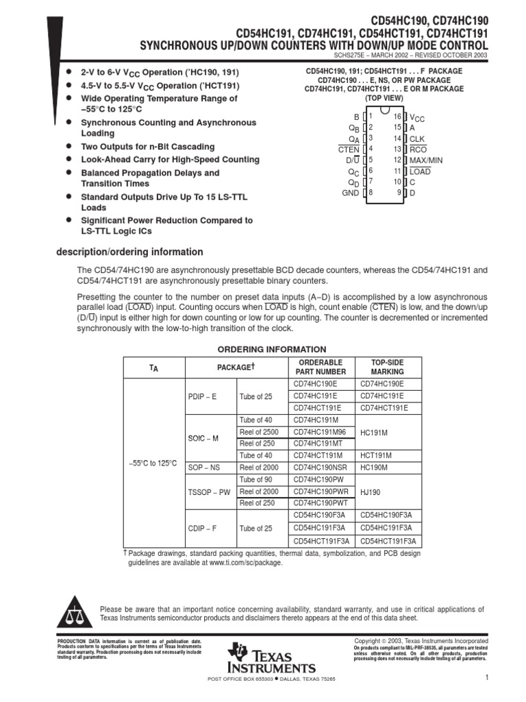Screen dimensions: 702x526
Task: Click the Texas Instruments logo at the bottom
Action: point(273,659)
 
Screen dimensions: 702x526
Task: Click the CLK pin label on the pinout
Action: point(417,138)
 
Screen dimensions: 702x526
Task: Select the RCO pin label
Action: point(417,149)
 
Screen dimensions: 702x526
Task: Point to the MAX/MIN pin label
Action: point(426,160)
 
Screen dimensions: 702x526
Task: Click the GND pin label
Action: point(350,193)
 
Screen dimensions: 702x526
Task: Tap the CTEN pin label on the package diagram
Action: point(349,149)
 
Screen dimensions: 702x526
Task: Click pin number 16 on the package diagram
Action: point(397,117)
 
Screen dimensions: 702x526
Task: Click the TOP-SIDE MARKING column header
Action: point(388,367)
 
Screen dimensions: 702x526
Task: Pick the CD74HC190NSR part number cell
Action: point(320,467)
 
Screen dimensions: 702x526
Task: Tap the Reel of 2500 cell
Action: point(259,431)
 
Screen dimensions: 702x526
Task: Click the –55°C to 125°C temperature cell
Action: point(153,463)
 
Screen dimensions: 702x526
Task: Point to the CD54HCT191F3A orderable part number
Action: point(321,540)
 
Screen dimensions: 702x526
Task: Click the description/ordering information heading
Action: point(129,252)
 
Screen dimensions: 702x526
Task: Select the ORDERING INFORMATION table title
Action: point(272,349)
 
